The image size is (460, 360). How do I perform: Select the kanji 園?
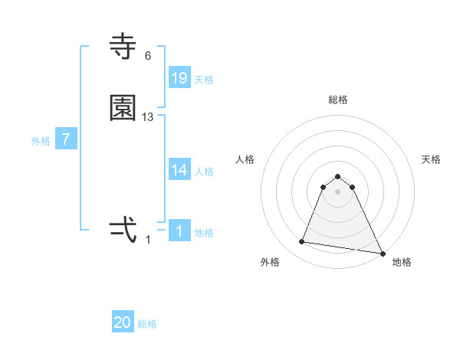(123, 109)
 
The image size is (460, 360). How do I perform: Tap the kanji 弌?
(123, 230)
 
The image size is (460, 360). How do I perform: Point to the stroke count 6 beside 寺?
(148, 56)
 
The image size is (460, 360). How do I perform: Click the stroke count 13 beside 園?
(148, 117)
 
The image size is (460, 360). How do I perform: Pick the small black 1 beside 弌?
(148, 239)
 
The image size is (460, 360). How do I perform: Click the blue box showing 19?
(179, 78)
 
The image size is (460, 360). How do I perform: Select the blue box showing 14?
(179, 171)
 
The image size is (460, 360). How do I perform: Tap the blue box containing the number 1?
(179, 231)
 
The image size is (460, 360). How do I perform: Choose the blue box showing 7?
(66, 140)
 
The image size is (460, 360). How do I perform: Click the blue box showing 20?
(123, 323)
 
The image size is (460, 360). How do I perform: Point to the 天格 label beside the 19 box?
(204, 80)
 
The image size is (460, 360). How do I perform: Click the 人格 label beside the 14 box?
(204, 172)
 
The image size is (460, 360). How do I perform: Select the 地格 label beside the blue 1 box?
(204, 233)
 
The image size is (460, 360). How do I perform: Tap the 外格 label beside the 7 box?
(41, 141)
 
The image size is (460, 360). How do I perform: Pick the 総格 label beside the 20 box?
(147, 324)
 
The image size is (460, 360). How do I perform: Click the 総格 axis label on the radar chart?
(338, 100)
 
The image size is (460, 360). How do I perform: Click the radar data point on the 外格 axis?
(302, 242)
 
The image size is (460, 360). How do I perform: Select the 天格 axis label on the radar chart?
(432, 159)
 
